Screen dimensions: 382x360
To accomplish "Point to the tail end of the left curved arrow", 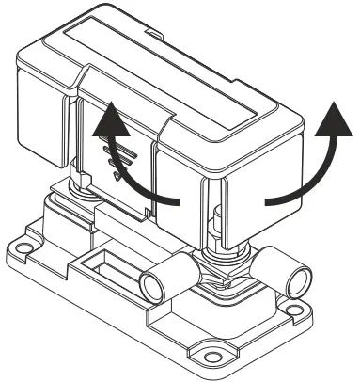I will (178, 199).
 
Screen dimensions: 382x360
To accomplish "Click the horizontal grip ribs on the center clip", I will (118, 161).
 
